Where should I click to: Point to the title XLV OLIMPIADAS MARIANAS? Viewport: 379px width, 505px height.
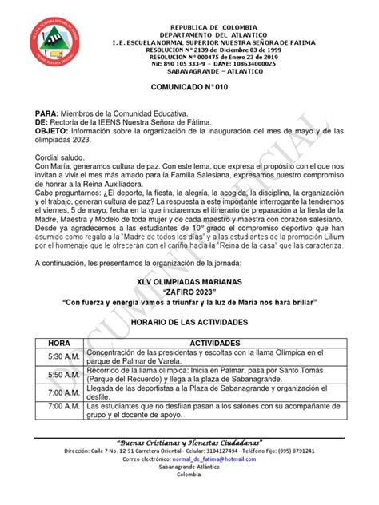[189, 284]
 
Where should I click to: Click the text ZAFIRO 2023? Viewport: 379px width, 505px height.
[189, 292]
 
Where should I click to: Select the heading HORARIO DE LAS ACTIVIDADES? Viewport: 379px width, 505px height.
[189, 321]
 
